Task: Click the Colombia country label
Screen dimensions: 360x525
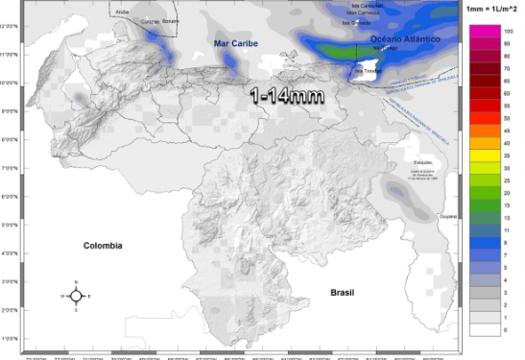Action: (102, 245)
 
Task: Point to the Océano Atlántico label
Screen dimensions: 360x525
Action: (405, 39)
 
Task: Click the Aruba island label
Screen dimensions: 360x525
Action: (120, 12)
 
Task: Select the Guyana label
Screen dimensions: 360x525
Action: (448, 217)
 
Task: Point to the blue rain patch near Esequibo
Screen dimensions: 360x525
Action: (396, 191)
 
